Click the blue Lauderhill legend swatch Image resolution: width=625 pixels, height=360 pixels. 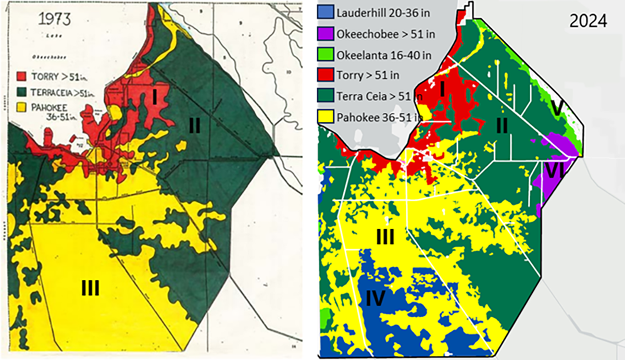point(326,12)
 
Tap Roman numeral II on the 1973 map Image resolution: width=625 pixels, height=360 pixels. point(194,126)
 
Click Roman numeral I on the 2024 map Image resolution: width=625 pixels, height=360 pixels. point(442,90)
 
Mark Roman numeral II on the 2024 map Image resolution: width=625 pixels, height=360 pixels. point(502,126)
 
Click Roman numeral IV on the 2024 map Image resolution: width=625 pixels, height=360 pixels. point(375,298)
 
